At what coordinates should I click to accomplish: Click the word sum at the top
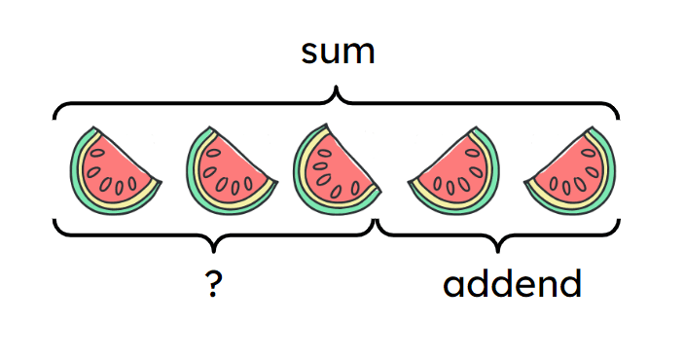[338, 53]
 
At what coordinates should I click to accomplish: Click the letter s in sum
[310, 54]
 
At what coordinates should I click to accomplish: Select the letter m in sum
[361, 54]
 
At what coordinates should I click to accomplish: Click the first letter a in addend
[454, 285]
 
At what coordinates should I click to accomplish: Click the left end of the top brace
[55, 119]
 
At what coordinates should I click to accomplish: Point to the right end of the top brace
[618, 119]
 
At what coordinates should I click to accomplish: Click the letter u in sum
[334, 54]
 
